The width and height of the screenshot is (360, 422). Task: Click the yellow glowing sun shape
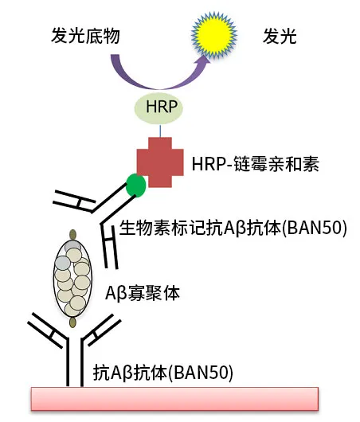[214, 35]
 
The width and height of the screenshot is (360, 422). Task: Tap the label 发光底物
[85, 36]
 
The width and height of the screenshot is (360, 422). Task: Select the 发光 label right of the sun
[280, 36]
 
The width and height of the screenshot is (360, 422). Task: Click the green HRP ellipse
[158, 107]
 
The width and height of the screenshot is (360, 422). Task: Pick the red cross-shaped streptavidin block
[160, 162]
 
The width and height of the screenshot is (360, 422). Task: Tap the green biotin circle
[136, 186]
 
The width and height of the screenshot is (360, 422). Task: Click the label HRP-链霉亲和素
[255, 164]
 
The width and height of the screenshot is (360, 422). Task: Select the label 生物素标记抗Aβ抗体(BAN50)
[233, 229]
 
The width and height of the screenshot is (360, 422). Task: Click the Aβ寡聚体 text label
[143, 293]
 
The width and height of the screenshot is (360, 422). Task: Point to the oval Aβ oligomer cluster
[72, 278]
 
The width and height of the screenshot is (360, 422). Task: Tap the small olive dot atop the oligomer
[72, 234]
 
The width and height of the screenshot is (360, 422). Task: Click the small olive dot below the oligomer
[72, 322]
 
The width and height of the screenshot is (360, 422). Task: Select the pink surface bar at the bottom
[174, 399]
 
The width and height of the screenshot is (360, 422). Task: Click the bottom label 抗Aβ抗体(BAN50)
[163, 373]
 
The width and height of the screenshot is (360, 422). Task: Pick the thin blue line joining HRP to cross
[160, 131]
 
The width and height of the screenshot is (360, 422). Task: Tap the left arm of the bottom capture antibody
[48, 330]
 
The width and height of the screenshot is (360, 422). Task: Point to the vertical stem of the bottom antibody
[75, 363]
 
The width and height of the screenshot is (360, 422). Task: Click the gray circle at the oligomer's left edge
[62, 263]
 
